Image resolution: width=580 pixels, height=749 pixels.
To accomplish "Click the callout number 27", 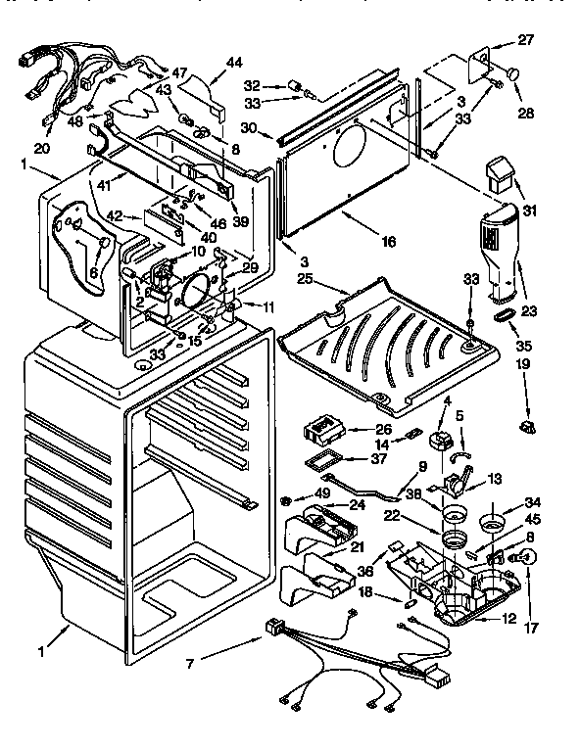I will point(527,41).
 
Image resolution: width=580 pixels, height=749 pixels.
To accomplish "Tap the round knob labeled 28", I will point(513,72).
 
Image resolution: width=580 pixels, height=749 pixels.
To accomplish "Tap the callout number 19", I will point(525,363).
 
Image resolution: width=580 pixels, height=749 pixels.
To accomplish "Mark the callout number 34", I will point(532,502).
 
